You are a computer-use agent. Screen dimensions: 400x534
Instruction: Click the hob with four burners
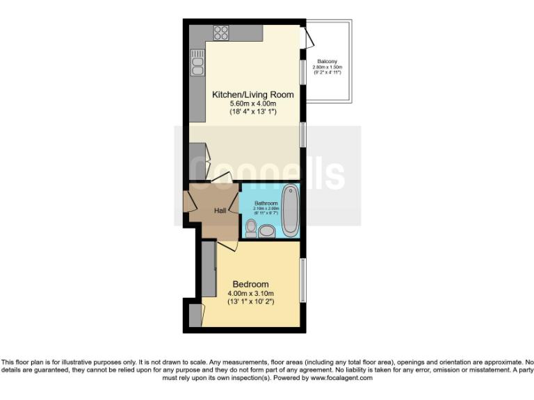(222, 32)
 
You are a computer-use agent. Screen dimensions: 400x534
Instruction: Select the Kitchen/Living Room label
(252, 94)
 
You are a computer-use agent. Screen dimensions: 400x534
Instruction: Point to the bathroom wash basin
(268, 233)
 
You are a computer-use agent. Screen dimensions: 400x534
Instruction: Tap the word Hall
(220, 210)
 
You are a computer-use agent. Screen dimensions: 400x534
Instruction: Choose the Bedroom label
(250, 284)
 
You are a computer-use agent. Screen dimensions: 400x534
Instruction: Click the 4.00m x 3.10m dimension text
(250, 293)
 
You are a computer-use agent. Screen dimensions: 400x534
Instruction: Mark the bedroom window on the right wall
(302, 280)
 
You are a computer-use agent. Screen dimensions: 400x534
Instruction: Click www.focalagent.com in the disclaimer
(341, 378)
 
